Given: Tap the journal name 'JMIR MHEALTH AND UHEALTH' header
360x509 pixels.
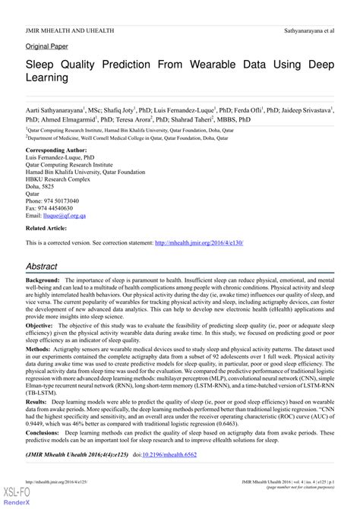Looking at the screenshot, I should (x=62, y=8).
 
